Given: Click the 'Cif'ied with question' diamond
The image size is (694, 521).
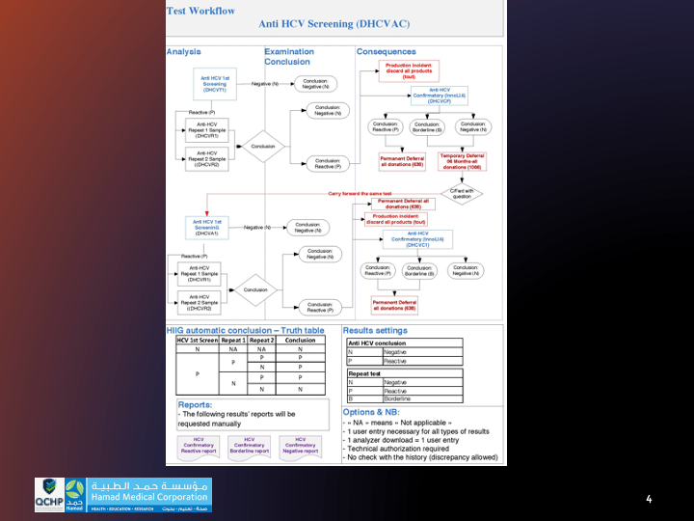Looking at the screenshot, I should pos(461,193).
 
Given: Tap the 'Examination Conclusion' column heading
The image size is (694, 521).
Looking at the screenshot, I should pos(288,57).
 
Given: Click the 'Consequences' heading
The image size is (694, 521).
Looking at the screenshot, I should pos(387,52).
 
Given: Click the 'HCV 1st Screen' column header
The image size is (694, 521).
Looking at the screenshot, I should pos(197,340).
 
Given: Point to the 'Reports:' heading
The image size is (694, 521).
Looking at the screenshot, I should pos(196,406).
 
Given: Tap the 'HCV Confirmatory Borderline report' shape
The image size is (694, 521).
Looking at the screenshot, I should pos(250,446).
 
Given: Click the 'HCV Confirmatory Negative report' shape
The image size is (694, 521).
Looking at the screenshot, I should pos(300,446).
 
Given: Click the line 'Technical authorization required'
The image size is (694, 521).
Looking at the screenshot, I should pos(393,450).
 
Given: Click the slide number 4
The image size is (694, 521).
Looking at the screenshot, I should pos(649,500).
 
